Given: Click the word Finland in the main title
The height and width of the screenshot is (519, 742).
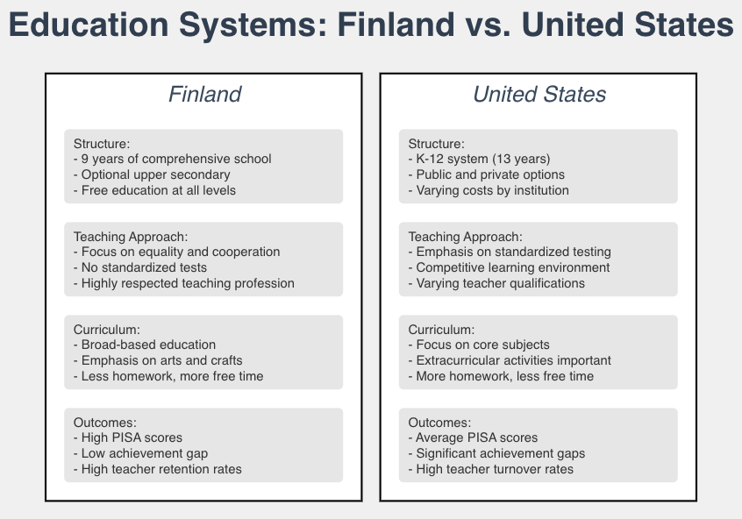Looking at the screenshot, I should [x=392, y=25].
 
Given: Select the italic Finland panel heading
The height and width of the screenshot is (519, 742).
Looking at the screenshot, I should [x=204, y=94].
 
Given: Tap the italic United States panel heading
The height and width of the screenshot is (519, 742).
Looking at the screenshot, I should [x=539, y=94].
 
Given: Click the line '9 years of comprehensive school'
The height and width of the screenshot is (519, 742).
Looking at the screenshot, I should [x=173, y=159].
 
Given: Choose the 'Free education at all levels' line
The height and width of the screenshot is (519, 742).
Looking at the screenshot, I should [x=155, y=190].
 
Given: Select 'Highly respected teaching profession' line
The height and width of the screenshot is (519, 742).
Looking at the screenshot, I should [x=184, y=283].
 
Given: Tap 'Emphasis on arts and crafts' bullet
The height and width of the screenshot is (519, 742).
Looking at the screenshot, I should [x=158, y=360].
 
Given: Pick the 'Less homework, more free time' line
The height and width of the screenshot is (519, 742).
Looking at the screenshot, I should [x=168, y=376].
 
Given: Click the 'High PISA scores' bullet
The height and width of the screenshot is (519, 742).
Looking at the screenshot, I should [x=128, y=437].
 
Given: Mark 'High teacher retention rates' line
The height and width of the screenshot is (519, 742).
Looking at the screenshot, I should [x=158, y=469].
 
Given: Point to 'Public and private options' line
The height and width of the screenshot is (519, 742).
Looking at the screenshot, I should [x=487, y=174].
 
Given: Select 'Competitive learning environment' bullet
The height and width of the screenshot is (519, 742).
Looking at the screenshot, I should [x=510, y=267].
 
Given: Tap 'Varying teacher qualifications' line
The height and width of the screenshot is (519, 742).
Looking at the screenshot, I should [x=496, y=283].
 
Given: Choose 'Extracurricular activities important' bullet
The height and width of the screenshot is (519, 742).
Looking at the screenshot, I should [x=510, y=360].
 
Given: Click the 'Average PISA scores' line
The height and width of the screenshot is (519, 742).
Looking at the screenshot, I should [x=474, y=437].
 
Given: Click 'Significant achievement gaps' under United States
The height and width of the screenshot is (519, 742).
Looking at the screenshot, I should [x=497, y=453].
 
